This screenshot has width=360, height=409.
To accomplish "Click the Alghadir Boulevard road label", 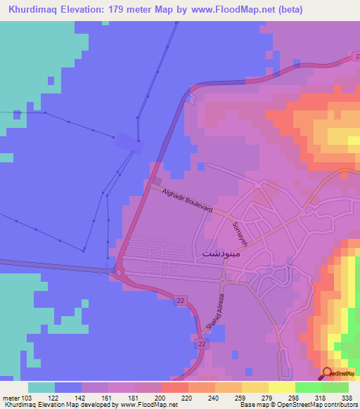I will tap(187, 200).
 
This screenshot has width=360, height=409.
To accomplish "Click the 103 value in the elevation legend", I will tap(27, 397).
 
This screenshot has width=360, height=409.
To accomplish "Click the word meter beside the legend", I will tap(10, 397).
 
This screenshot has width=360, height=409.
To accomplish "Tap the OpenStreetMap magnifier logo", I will tap(328, 373).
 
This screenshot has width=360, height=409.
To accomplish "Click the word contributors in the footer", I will tap(340, 405).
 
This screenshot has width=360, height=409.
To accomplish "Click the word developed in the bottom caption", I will tap(89, 405).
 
